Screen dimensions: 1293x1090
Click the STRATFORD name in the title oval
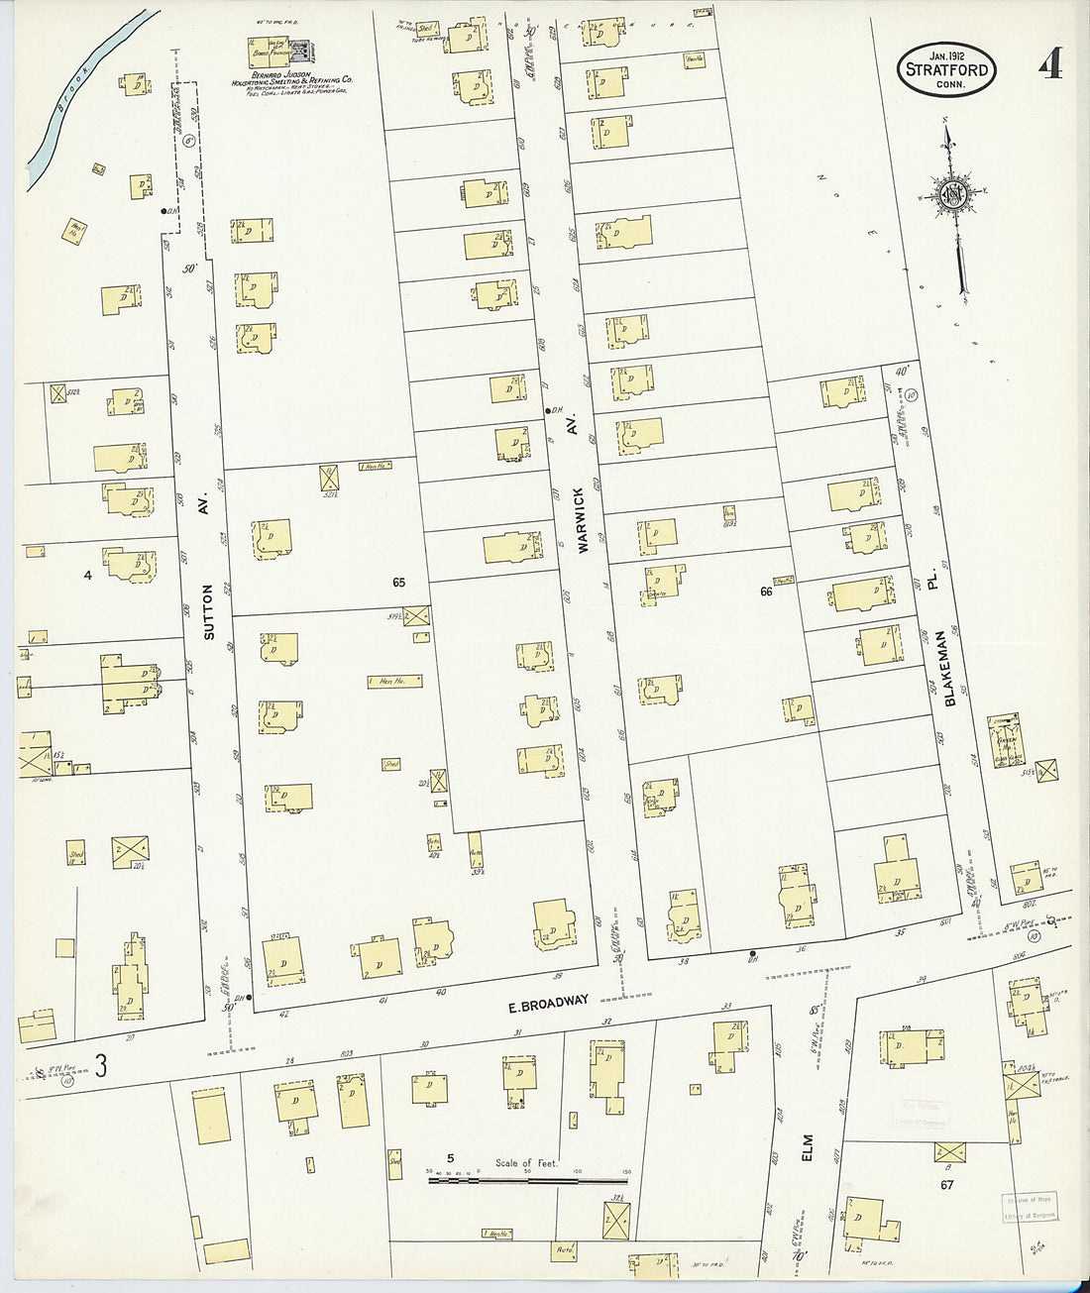pos(946,69)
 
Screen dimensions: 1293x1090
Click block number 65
pos(398,583)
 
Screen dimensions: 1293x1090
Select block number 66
pos(766,592)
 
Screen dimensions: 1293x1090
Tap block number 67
pos(947,1184)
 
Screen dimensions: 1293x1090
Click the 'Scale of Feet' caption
pos(526,1163)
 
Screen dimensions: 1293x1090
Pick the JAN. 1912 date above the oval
pos(946,46)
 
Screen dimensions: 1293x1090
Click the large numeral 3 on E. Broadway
pos(100,1065)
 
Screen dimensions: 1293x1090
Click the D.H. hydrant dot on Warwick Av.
pos(547,410)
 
